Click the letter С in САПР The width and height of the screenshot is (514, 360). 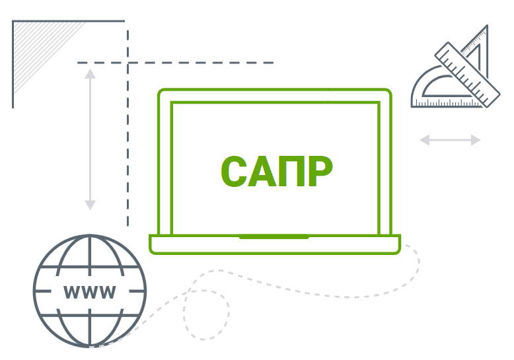point(234,171)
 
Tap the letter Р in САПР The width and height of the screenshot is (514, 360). point(320,171)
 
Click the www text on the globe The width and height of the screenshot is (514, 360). point(89,292)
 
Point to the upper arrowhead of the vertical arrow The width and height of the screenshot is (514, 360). point(90,74)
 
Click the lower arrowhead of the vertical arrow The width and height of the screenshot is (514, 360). point(90,205)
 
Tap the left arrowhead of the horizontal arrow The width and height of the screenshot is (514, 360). point(425,140)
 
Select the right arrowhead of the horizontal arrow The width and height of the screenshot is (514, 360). point(476,140)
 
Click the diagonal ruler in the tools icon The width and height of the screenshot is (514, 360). point(468,75)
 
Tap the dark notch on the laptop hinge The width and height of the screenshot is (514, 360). point(274,236)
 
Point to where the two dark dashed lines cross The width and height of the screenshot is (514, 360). point(128,63)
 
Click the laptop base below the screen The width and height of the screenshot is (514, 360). point(275,244)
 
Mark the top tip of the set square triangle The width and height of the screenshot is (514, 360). point(487,26)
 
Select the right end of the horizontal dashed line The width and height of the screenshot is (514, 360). point(273,63)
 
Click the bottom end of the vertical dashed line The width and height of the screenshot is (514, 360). point(128,225)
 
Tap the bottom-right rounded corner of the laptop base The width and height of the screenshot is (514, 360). point(397,252)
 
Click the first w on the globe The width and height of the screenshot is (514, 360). point(71,292)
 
